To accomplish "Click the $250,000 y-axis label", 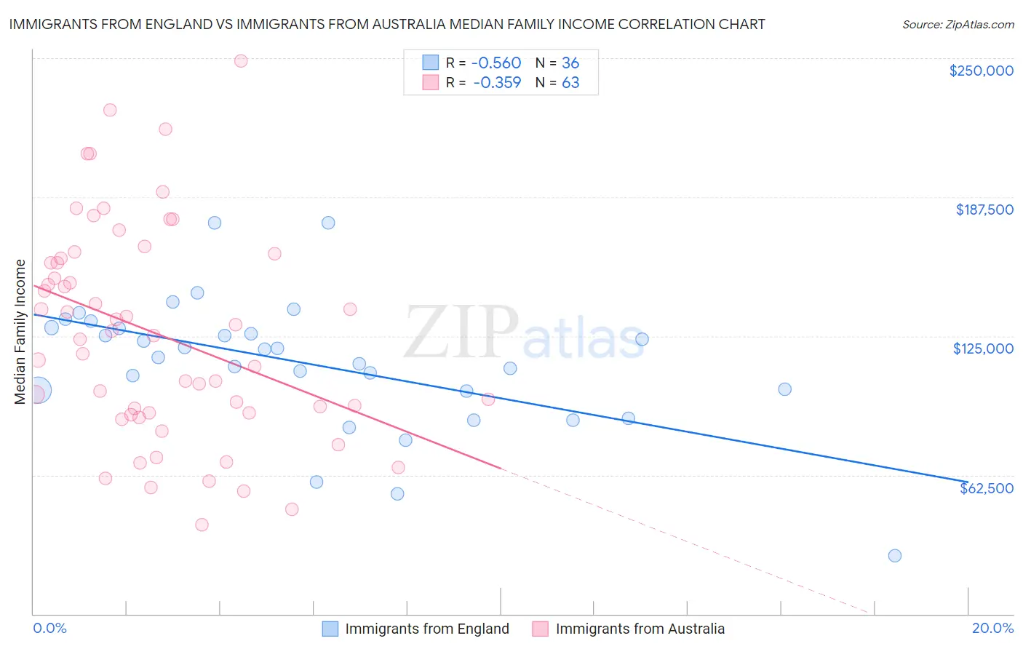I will coord(981,71).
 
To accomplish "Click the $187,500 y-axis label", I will coord(984,210).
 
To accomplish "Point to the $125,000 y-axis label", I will coord(983,349).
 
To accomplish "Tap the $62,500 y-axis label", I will coord(986,488).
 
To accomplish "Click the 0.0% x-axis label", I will coord(49,628).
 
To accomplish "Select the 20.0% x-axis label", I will coord(992,628).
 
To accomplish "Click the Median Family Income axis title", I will coord(20,331).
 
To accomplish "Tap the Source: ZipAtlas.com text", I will coord(958,24).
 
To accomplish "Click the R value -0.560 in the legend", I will coord(497,63).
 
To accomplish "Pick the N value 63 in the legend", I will coord(570,83).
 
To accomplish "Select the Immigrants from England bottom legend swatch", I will coord(330,629).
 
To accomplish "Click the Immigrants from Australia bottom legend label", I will coord(640,629).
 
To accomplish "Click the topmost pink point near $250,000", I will coord(241,61).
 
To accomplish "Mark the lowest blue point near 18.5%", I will coord(894,556).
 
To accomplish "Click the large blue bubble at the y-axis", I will coord(37,390).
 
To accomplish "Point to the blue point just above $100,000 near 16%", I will coord(784,389).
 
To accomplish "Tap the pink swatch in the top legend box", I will coord(431,83).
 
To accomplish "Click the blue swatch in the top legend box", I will coord(431,63).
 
